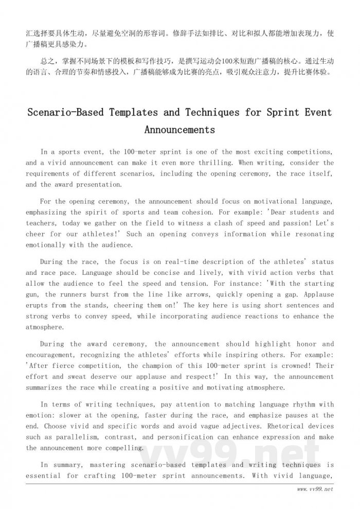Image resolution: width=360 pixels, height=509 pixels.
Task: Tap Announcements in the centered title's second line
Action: point(179,130)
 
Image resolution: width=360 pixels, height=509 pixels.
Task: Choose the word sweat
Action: point(71,377)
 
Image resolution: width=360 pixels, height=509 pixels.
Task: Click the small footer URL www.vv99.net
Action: point(315,489)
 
